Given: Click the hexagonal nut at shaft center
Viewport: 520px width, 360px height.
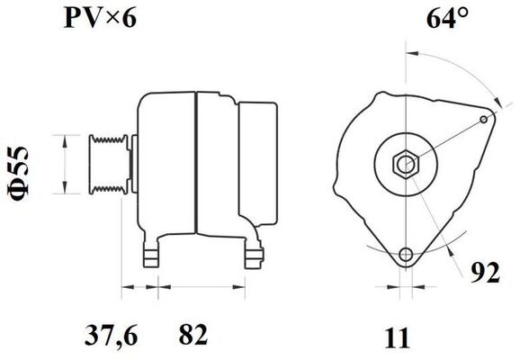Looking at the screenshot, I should [406, 164].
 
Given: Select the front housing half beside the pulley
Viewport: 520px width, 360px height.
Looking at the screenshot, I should [166, 162].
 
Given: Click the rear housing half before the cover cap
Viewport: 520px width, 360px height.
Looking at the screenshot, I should [216, 162].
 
